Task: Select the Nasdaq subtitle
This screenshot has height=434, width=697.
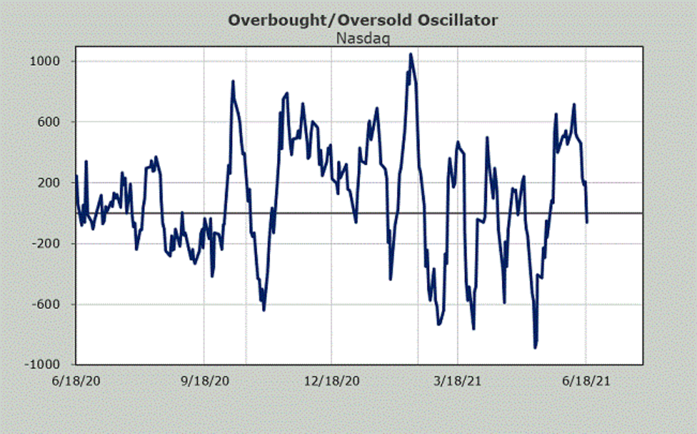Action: point(363,38)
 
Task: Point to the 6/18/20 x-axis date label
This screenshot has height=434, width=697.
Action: point(76,381)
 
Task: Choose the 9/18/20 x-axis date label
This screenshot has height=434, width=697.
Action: point(203,381)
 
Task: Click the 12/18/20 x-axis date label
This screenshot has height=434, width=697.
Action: point(330,381)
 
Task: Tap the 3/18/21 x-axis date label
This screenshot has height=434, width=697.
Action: point(458,381)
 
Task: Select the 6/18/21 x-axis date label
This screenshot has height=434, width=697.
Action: point(585,381)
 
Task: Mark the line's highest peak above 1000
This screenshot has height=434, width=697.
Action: point(411,54)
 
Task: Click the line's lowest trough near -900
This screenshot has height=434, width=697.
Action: point(535,347)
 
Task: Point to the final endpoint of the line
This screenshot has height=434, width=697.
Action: point(587,222)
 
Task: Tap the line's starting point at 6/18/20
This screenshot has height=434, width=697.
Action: point(77,175)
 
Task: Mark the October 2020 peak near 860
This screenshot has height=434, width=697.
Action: point(233,81)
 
